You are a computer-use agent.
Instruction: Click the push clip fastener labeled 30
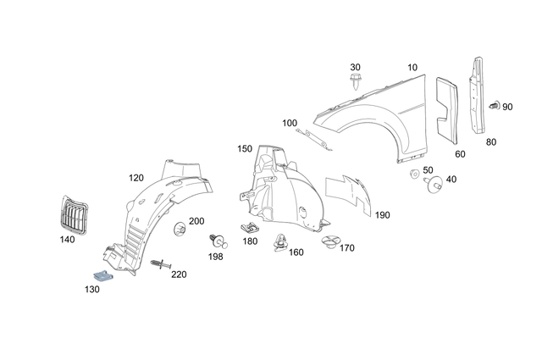point(356,83)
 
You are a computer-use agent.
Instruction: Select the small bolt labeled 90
point(494,107)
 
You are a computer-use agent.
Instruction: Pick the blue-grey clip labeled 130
point(102,275)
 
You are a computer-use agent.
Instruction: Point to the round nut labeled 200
point(179,230)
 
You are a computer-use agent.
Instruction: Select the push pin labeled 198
point(215,241)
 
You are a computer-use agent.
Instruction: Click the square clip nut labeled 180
point(249,228)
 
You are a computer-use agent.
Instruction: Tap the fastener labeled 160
point(279,244)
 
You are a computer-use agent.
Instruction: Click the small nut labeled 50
point(414,175)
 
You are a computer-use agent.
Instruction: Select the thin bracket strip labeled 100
point(317,137)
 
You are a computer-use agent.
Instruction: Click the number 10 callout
point(412,67)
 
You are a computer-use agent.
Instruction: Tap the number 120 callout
point(135,178)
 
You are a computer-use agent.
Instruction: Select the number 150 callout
point(245,149)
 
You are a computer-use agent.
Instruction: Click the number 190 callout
point(382,215)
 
